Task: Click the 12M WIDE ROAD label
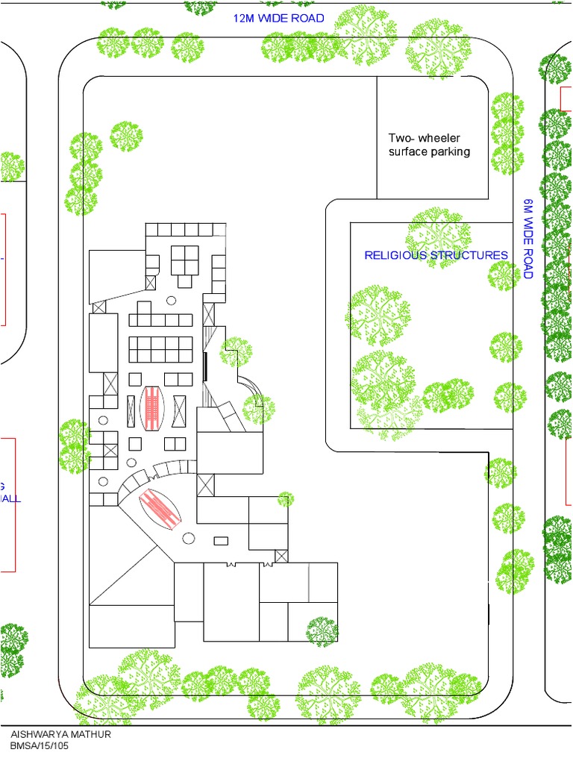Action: point(278,18)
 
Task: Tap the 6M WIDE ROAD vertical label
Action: point(527,239)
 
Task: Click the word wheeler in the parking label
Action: point(439,138)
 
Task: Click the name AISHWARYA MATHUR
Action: point(60,734)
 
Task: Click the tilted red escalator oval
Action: point(161,510)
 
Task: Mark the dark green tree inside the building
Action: point(323,630)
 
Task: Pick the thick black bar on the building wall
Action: point(205,366)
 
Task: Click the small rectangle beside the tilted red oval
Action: point(221,540)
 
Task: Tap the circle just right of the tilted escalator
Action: point(188,537)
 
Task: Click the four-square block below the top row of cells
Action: point(184,260)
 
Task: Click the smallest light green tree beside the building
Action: point(284,499)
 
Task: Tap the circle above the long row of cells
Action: point(171,301)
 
